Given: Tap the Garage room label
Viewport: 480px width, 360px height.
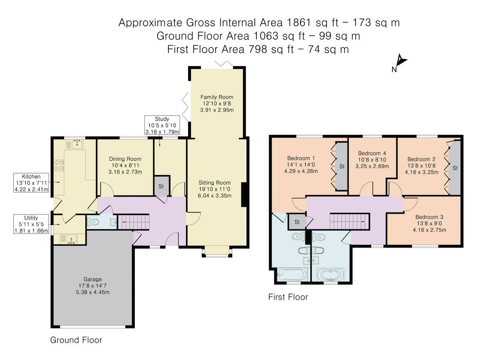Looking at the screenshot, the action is (93, 279).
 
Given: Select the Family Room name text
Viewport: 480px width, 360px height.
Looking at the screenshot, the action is (217, 97).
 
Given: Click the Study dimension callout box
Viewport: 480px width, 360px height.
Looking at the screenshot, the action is (162, 125).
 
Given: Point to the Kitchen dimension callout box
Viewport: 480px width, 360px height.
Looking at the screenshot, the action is (31, 183).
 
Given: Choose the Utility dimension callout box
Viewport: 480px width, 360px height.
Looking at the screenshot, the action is (31, 224).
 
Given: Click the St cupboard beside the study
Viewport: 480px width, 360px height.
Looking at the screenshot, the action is (162, 186).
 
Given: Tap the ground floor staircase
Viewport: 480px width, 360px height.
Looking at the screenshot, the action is (133, 222).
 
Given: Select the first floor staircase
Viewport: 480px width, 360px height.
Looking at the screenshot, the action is (350, 221).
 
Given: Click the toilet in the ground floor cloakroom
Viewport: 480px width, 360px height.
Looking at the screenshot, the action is (93, 222).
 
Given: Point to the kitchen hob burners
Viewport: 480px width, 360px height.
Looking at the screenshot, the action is (59, 165).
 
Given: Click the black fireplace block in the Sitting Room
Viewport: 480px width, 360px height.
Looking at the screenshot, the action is (244, 194).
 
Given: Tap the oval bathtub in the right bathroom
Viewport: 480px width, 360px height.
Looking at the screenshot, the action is (330, 274).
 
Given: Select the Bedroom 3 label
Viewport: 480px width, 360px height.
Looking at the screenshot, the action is (429, 217).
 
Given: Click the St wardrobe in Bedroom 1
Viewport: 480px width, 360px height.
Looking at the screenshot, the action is (341, 166).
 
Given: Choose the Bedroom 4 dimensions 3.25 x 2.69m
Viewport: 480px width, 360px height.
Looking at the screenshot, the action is (372, 166).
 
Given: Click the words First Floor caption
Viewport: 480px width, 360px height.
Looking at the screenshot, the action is (288, 297).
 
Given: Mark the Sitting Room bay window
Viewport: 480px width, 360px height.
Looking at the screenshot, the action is (217, 252).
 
